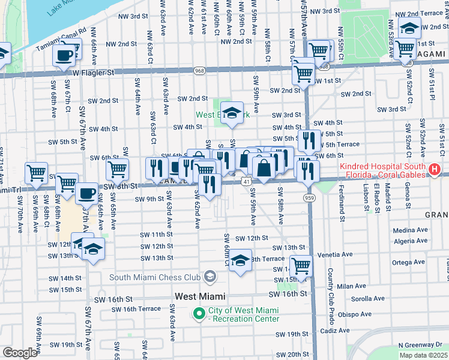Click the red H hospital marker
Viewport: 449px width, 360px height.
point(435,170)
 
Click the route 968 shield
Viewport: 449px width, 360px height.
point(198,71)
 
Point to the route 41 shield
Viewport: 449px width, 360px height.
point(247,180)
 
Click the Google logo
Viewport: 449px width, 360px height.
point(19,353)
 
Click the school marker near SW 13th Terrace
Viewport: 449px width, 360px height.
point(240,260)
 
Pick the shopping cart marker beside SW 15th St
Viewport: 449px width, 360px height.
point(301,265)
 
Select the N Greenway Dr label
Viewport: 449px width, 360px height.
point(420,345)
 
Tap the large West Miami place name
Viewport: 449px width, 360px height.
point(200,296)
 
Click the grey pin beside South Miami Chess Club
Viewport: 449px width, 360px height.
point(209,277)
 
